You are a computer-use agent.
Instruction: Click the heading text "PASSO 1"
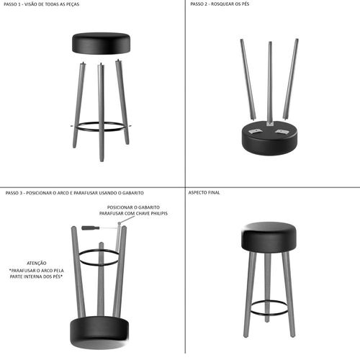[x=13, y=4]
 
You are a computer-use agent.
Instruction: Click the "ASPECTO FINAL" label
[x=204, y=192]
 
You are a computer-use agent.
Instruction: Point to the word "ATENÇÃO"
[x=37, y=264]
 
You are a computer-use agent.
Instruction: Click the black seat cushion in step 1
[x=102, y=43]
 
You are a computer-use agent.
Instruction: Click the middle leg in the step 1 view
[x=102, y=112]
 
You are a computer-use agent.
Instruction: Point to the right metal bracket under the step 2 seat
[x=282, y=131]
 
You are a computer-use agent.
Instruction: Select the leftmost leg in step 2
[x=248, y=79]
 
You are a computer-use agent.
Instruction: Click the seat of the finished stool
[x=269, y=237]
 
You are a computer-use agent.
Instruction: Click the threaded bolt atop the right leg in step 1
[x=118, y=60]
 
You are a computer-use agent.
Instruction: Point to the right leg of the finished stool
[x=289, y=294]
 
